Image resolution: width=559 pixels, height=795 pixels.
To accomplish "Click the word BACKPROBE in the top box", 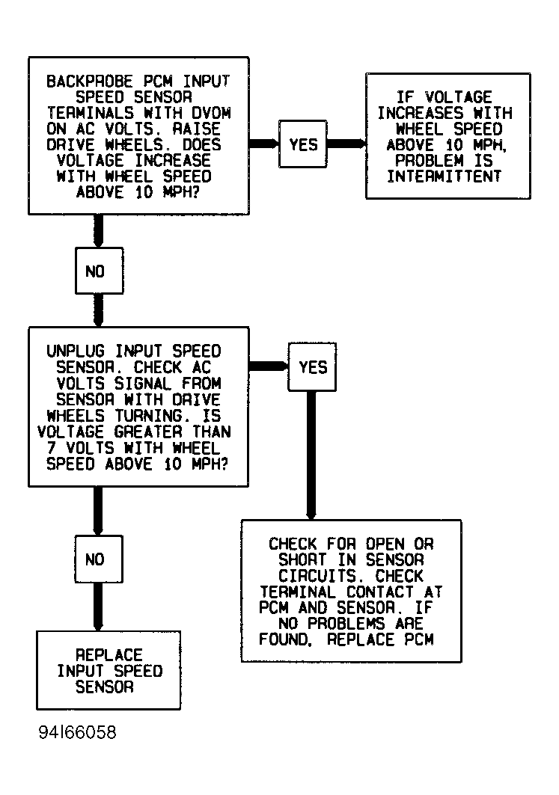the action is coord(89,81).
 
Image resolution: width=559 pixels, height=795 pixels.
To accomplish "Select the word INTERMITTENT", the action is coord(445,176).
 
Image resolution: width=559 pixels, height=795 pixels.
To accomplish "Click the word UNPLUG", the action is coord(76,352).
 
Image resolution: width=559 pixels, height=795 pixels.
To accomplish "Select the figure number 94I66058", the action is coord(78,732).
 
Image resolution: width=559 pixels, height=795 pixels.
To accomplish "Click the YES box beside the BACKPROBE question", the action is coord(303,144).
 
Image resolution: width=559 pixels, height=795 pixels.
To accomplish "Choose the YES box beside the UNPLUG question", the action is coord(312,367).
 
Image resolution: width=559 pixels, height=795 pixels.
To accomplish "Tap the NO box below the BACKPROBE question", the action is coord(99,271).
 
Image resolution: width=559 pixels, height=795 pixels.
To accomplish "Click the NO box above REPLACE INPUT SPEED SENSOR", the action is coord(99,559).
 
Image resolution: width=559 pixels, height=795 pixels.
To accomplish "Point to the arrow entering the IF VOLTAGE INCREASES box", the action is coord(346,144).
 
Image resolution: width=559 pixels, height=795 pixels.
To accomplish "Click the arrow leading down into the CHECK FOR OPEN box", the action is coord(311,455).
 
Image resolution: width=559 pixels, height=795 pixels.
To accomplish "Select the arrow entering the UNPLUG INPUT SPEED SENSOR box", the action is coord(99,310).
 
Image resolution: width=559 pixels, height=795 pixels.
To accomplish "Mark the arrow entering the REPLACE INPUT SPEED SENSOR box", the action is coord(99,607).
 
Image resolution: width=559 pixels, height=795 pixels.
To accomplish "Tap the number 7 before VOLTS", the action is coord(51,448).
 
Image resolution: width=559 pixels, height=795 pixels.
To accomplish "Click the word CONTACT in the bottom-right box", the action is coord(380,592).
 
